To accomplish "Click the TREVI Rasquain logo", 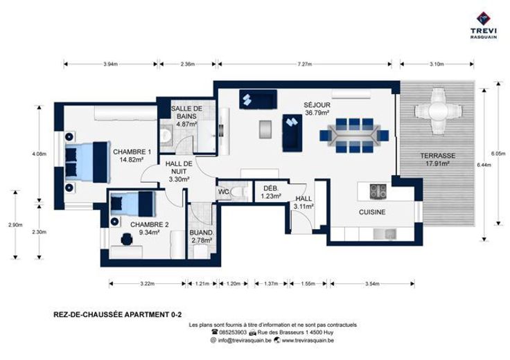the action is [x=484, y=25].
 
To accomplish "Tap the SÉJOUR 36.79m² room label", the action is [x=317, y=109].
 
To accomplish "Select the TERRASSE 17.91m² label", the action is [x=437, y=159].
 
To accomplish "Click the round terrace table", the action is [x=438, y=111].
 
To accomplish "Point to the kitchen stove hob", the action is [x=378, y=191].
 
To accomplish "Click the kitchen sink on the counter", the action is [x=385, y=234].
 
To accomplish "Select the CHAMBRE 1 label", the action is [x=132, y=152].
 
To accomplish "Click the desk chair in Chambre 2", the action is [x=127, y=240].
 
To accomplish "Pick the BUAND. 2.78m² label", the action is [x=202, y=237].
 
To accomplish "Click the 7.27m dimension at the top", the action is [x=305, y=64].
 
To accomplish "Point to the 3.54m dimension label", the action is [x=372, y=284].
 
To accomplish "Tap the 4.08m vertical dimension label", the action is [x=39, y=154].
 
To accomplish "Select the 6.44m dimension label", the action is [x=484, y=165].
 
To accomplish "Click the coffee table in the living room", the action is [x=265, y=129].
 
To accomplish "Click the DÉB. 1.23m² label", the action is [x=271, y=192].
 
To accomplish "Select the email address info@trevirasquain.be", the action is [x=245, y=341].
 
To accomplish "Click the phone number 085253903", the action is [x=233, y=332].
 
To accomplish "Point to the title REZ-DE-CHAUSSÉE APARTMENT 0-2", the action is [x=118, y=314].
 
